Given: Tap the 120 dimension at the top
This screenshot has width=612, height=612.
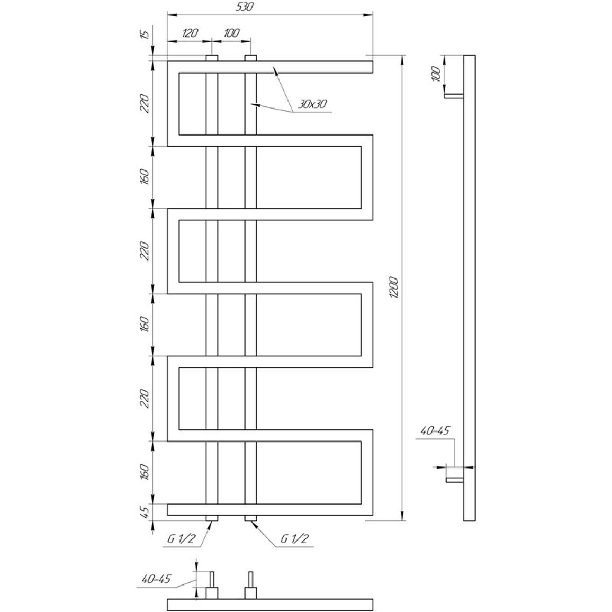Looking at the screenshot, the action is pyautogui.click(x=190, y=33).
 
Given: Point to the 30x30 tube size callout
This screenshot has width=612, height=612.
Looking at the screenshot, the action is pyautogui.click(x=312, y=104).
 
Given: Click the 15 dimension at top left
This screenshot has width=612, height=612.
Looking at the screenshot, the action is pyautogui.click(x=145, y=34).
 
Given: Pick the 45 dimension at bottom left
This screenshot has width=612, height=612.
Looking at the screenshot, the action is pyautogui.click(x=145, y=512).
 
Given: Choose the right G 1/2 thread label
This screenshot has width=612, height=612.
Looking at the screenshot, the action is pyautogui.click(x=295, y=538).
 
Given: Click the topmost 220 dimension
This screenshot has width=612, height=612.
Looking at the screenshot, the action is pyautogui.click(x=145, y=103).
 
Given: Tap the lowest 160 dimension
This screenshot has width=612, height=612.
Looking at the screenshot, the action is pyautogui.click(x=145, y=472).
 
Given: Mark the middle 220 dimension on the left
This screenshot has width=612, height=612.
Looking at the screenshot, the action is pyautogui.click(x=145, y=251).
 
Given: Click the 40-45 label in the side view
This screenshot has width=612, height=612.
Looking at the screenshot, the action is pyautogui.click(x=435, y=430).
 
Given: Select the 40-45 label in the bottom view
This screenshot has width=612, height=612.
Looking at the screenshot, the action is pyautogui.click(x=157, y=579).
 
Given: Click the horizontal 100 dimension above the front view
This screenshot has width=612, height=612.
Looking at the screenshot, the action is pyautogui.click(x=231, y=33).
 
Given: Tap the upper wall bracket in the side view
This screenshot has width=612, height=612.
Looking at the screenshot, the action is pyautogui.click(x=454, y=96).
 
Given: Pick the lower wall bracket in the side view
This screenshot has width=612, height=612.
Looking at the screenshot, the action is pyautogui.click(x=455, y=479).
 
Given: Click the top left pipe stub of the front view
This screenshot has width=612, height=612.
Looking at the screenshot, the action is pyautogui.click(x=212, y=58).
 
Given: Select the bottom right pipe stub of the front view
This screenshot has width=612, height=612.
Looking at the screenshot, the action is pyautogui.click(x=250, y=518).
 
